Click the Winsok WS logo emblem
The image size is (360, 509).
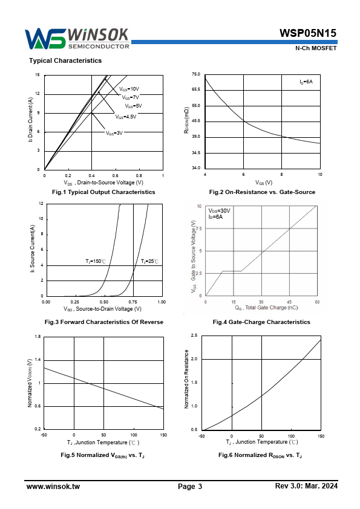[45, 39]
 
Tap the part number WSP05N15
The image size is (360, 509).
[308, 33]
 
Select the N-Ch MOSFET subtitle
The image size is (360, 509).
[316, 48]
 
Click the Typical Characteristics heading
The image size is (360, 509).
[65, 60]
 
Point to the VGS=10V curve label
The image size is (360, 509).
[129, 89]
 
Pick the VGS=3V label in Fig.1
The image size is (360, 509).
[114, 133]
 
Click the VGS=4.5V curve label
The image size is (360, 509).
[126, 117]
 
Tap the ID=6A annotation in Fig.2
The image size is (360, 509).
[306, 82]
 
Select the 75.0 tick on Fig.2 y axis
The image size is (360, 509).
[196, 74]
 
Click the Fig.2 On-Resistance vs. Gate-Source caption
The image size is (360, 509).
[262, 192]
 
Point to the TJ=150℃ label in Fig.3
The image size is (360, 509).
[96, 261]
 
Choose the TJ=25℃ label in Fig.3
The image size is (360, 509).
[149, 261]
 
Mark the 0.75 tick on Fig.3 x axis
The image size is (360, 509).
[133, 302]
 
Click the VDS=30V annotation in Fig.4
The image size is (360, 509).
[219, 211]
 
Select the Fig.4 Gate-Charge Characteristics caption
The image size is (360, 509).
[261, 322]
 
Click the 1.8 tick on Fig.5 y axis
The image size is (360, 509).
[38, 337]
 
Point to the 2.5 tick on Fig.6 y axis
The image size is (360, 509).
[194, 336]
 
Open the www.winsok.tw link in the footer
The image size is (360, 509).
[53, 486]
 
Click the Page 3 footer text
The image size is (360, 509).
[190, 486]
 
